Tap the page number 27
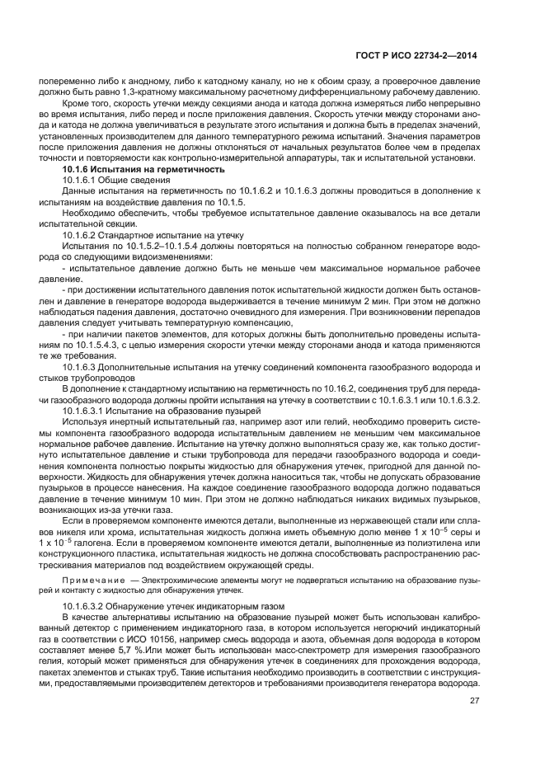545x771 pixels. (472, 701)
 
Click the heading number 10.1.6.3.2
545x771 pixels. (90, 605)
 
